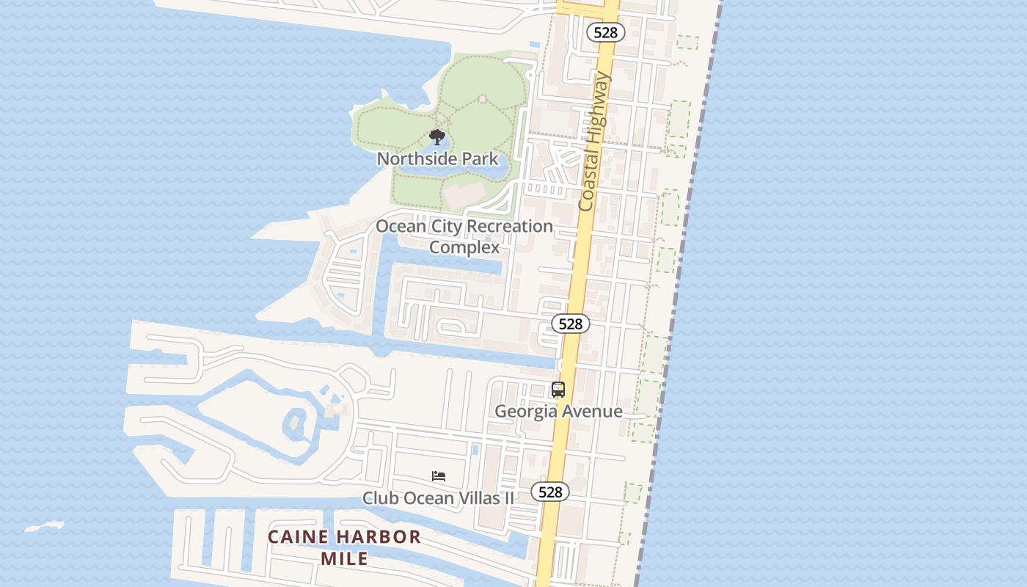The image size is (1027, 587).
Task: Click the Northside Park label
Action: click(x=437, y=159)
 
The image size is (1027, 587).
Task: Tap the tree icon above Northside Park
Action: click(x=437, y=137)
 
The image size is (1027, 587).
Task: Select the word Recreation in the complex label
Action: click(x=510, y=226)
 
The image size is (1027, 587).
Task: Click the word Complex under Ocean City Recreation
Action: click(x=464, y=247)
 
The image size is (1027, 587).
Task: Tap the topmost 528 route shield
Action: click(x=606, y=32)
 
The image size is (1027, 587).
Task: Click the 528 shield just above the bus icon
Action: click(x=570, y=324)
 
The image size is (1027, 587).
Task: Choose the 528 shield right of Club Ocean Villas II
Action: click(x=549, y=492)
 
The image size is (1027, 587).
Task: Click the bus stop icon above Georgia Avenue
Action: click(x=558, y=390)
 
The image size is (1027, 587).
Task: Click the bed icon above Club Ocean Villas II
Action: click(x=439, y=476)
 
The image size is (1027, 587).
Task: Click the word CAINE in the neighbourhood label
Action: click(x=296, y=537)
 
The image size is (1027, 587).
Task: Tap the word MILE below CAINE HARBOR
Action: click(x=345, y=558)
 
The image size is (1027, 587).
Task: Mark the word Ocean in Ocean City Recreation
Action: click(x=401, y=226)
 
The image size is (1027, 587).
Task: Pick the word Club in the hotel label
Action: click(x=380, y=498)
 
